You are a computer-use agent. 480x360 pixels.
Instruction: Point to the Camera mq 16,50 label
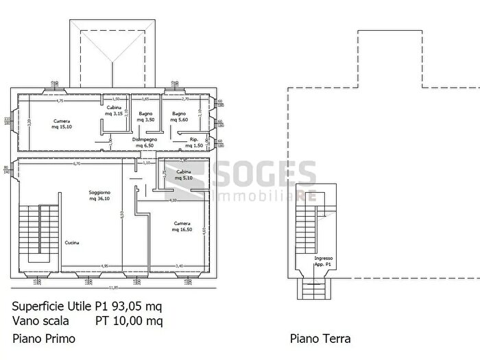tap(182, 226)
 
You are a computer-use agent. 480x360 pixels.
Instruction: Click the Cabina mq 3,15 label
tap(114, 111)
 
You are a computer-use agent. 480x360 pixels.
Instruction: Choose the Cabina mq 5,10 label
tap(183, 174)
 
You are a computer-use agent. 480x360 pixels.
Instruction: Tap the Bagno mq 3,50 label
tap(145, 117)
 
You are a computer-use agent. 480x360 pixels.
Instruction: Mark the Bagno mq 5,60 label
tap(179, 117)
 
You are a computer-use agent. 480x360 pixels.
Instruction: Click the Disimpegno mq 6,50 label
tap(145, 143)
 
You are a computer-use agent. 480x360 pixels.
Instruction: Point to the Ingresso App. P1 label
tap(324, 261)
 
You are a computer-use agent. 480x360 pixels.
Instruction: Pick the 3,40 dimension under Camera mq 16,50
tap(179, 266)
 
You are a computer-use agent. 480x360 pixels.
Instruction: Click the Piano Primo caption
tap(44, 339)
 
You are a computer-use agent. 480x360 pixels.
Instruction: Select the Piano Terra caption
tap(320, 339)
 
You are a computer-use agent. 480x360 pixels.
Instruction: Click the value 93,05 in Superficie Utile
tap(125, 307)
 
